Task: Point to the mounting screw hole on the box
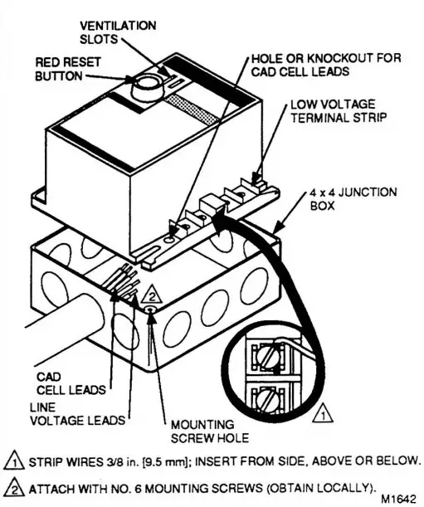coord(150,310)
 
